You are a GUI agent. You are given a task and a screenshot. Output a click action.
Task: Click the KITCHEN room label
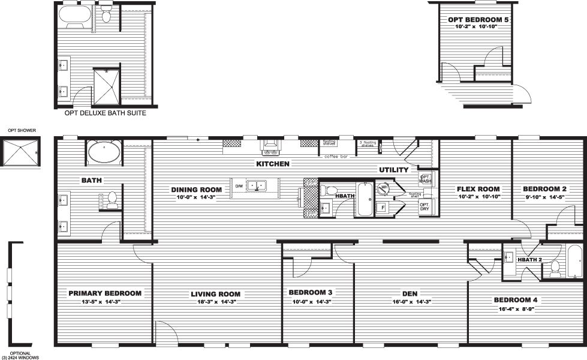pyautogui.click(x=273, y=164)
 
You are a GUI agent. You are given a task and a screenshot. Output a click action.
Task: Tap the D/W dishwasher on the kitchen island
pyautogui.click(x=239, y=185)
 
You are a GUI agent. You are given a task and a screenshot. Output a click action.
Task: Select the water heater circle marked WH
pyautogui.click(x=384, y=187)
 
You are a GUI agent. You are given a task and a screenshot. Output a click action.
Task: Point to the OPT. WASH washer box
pyautogui.click(x=425, y=179)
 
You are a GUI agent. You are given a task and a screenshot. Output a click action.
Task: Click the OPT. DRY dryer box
pyautogui.click(x=425, y=207)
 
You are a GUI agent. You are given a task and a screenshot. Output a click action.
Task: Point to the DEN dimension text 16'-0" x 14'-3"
pyautogui.click(x=410, y=302)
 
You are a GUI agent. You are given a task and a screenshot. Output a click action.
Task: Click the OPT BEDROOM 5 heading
pyautogui.click(x=478, y=20)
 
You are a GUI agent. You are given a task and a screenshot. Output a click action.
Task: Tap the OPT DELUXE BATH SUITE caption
pyautogui.click(x=105, y=112)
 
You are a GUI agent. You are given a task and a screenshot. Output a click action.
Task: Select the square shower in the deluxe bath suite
pyautogui.click(x=107, y=86)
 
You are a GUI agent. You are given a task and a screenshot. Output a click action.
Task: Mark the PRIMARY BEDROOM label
pyautogui.click(x=105, y=293)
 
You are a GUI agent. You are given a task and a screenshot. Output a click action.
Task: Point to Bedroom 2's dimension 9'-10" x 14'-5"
pyautogui.click(x=544, y=197)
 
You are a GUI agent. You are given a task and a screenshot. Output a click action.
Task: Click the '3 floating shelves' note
pyautogui.click(x=368, y=143)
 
